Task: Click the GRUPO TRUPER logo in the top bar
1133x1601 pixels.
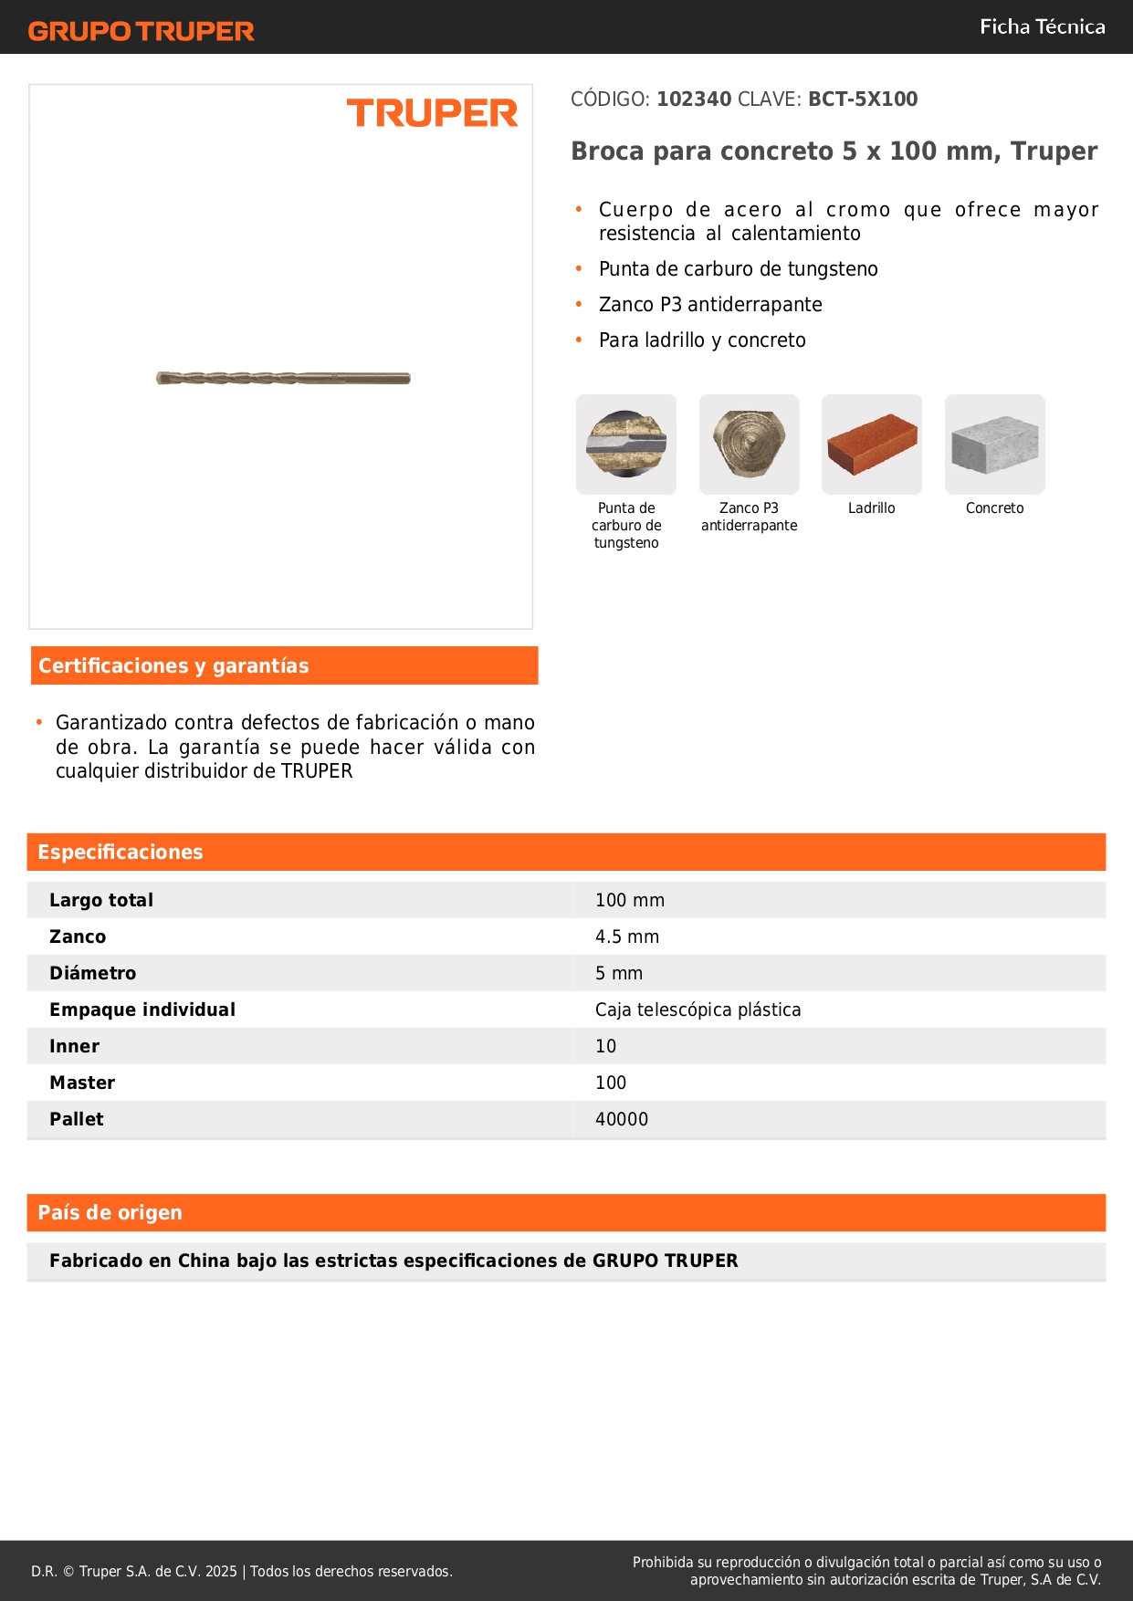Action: pyautogui.click(x=141, y=31)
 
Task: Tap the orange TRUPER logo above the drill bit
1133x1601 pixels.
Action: pyautogui.click(x=432, y=113)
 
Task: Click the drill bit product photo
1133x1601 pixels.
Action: pyautogui.click(x=283, y=378)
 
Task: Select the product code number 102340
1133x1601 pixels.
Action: pyautogui.click(x=694, y=99)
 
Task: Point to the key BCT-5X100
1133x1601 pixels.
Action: pyautogui.click(x=863, y=99)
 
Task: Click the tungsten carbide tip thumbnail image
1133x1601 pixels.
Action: pyautogui.click(x=626, y=445)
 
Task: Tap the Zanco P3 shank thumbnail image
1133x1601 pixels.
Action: pyautogui.click(x=749, y=445)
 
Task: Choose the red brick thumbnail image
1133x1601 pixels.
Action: pyautogui.click(x=872, y=445)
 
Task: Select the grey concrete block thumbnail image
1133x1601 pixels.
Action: pyautogui.click(x=994, y=445)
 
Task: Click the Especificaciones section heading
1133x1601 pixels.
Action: pyautogui.click(x=121, y=852)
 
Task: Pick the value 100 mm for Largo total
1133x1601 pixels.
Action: pyautogui.click(x=630, y=900)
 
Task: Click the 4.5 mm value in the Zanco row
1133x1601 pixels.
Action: pyautogui.click(x=627, y=937)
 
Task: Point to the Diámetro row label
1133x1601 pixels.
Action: pyautogui.click(x=93, y=973)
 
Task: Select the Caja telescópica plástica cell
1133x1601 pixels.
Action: pyautogui.click(x=698, y=1010)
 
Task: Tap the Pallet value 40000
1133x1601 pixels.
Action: pyautogui.click(x=622, y=1119)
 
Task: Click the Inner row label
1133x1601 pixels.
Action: pyautogui.click(x=75, y=1046)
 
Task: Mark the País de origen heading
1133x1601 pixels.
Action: pyautogui.click(x=110, y=1212)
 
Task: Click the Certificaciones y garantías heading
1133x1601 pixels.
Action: pyautogui.click(x=173, y=665)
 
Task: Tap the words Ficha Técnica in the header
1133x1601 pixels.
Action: pyautogui.click(x=1042, y=26)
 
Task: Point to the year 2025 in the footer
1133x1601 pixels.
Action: pyautogui.click(x=221, y=1571)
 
